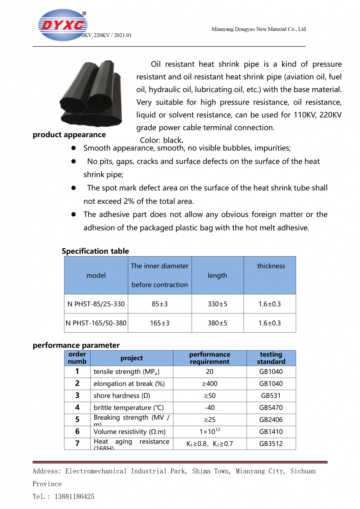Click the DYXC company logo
point(63,25)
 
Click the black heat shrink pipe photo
point(91,94)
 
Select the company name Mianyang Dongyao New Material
point(258,29)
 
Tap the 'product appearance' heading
point(69,135)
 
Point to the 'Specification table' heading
point(95,251)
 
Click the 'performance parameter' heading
point(76,345)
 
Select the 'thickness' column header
point(271,266)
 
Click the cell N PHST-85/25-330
point(96,304)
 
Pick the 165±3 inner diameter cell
point(159,323)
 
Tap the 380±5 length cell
point(217,323)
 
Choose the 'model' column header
point(96,275)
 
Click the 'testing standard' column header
point(271,358)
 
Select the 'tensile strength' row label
point(126,372)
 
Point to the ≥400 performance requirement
point(210,384)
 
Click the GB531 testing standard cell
point(271,396)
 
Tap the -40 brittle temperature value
point(210,408)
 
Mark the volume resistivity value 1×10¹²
point(210,431)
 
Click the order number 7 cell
point(77,443)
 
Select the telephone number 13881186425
point(74,496)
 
